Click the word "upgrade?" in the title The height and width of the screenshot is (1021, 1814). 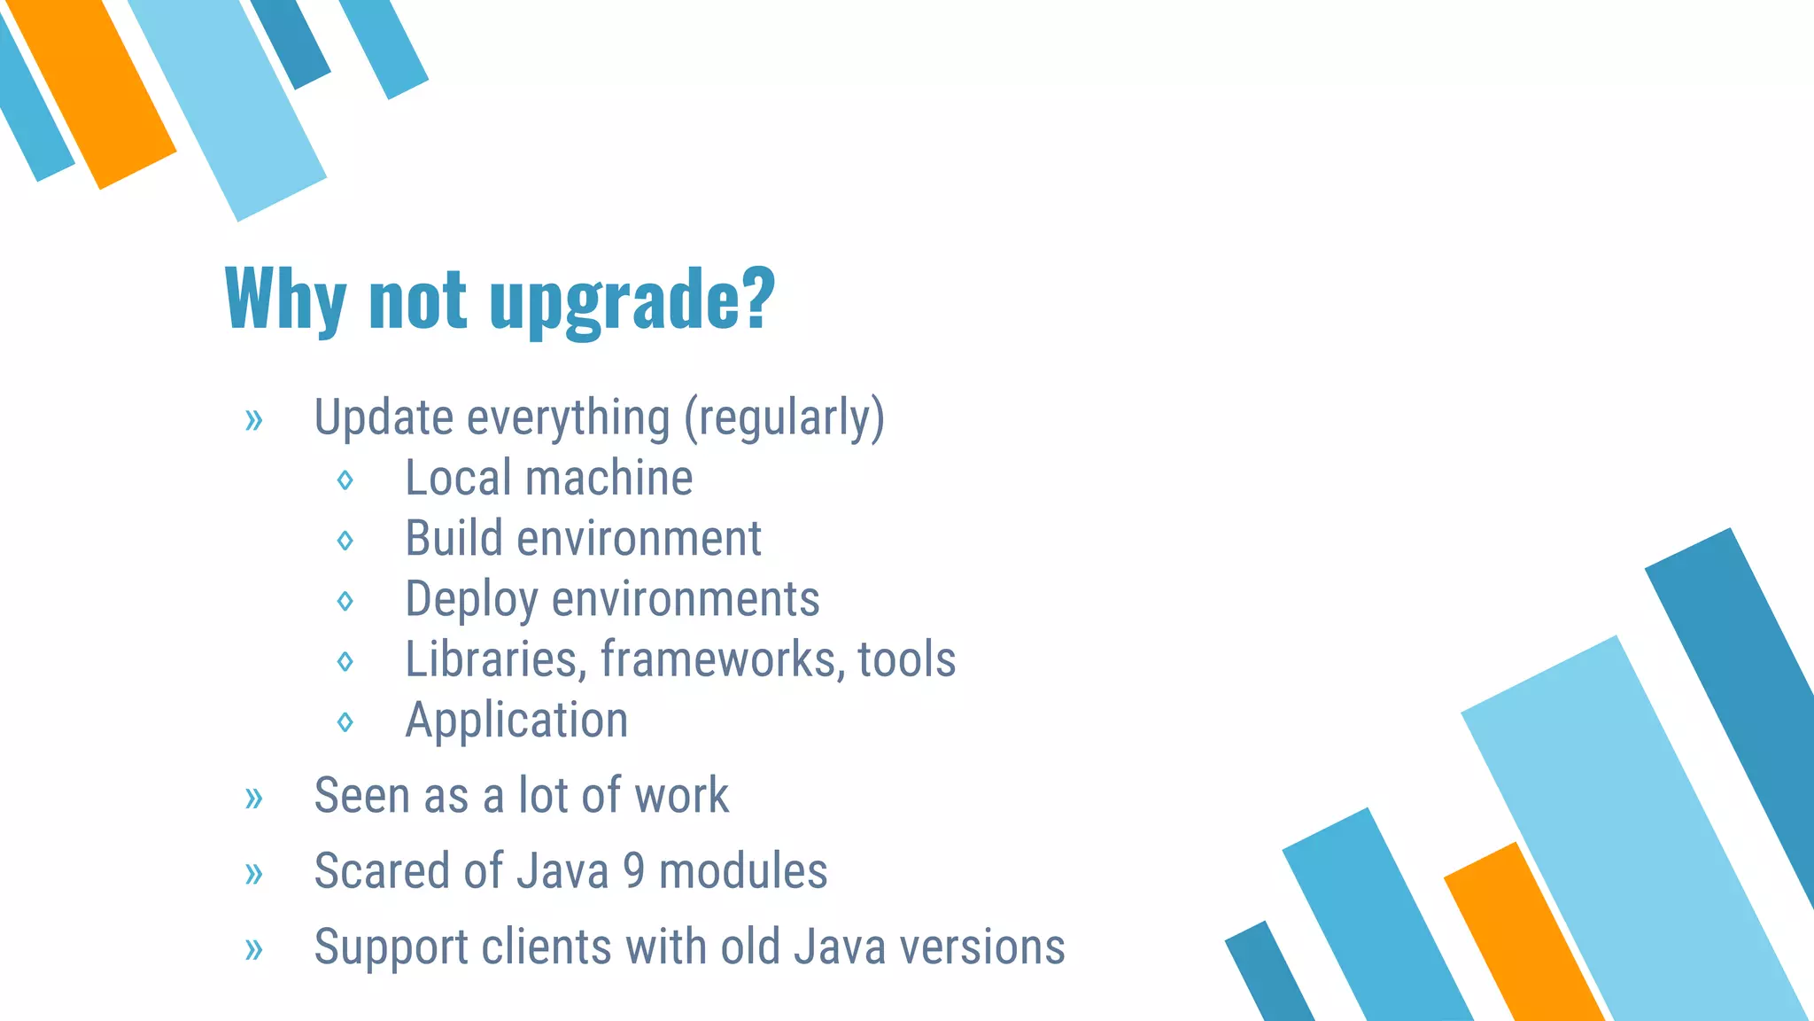[632, 301]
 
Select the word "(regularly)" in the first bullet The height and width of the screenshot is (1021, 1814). [784, 417]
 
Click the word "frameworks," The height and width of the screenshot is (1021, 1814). [723, 660]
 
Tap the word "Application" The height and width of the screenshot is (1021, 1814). [516, 721]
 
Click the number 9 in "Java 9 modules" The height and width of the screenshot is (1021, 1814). [633, 871]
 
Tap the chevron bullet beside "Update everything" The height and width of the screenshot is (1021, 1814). [254, 419]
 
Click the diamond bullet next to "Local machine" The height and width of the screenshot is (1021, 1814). [345, 480]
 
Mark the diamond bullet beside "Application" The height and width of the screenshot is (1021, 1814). [345, 722]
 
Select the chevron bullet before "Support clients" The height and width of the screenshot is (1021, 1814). [254, 949]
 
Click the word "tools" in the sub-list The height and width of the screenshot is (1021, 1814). [906, 660]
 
